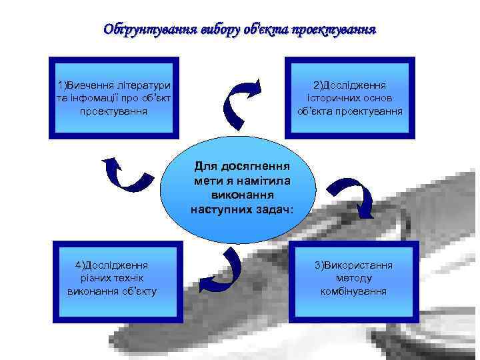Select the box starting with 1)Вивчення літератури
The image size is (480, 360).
pos(114,97)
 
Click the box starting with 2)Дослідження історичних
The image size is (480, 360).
pos(350,97)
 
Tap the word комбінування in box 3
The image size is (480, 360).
pos(353,291)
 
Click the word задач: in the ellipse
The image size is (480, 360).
pos(275,209)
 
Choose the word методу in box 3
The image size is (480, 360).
pos(354,278)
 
